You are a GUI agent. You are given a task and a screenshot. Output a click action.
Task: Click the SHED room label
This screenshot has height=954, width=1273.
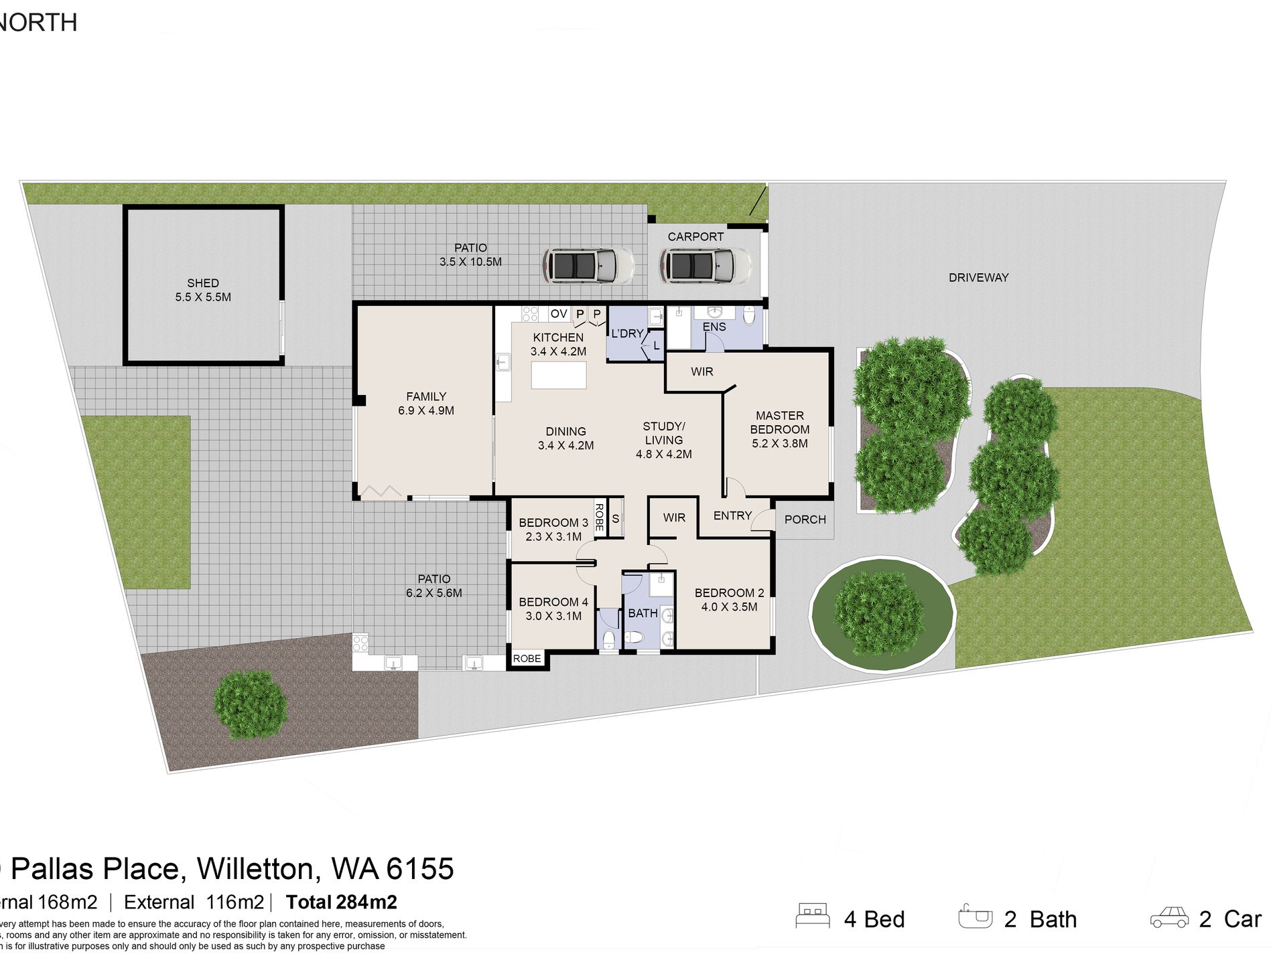tap(203, 283)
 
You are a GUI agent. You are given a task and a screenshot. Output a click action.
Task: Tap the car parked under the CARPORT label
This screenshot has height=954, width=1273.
tap(706, 265)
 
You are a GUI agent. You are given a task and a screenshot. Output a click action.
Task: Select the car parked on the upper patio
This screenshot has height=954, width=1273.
tap(588, 265)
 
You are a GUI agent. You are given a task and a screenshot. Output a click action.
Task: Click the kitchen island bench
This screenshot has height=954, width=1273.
tap(558, 376)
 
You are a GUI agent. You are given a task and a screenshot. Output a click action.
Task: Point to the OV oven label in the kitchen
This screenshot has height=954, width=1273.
tap(558, 314)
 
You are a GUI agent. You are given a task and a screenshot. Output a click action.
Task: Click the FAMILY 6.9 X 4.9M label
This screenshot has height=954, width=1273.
tap(426, 404)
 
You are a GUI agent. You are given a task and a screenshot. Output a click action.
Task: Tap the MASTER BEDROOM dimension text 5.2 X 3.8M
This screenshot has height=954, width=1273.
tap(779, 443)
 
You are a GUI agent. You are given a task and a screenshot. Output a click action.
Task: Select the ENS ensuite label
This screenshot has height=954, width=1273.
tap(714, 327)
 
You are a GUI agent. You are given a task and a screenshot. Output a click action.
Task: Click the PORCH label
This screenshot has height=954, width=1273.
tap(805, 520)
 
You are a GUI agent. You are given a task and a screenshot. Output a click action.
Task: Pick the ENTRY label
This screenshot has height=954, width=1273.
tap(732, 515)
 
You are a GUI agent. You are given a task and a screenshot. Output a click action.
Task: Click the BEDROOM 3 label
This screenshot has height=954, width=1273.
tap(553, 523)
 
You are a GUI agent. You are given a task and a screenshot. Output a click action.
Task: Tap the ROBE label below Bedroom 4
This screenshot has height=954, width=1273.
tap(527, 659)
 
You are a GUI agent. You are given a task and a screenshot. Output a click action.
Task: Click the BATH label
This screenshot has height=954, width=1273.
tap(642, 613)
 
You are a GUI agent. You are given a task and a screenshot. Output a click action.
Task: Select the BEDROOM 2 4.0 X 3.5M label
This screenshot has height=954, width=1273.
tap(729, 600)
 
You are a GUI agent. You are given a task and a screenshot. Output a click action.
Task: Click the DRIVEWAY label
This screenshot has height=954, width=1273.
tap(978, 278)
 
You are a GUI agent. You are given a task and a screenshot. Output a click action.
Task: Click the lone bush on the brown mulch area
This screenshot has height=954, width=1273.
tap(250, 704)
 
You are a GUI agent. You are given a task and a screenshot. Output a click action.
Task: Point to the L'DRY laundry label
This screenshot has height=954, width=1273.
tap(626, 333)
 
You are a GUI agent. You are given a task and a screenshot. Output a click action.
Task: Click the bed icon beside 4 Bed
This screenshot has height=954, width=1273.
tap(812, 916)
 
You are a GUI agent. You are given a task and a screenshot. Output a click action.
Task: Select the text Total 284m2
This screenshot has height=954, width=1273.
tap(341, 902)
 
